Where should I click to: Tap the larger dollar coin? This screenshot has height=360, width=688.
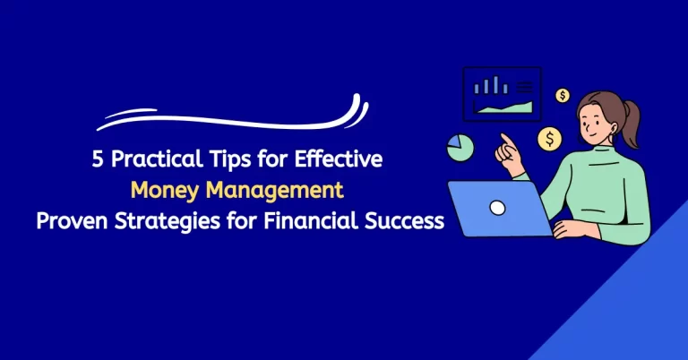549,140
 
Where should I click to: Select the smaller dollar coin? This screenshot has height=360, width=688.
563,95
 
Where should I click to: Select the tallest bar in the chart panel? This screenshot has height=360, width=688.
490,85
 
